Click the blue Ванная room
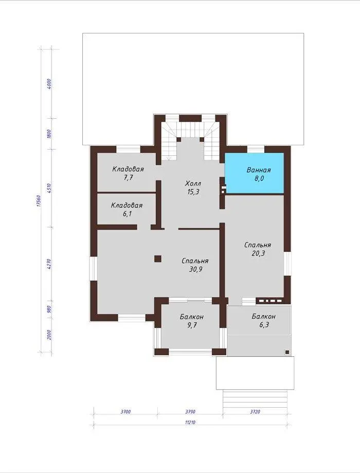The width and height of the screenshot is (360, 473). pos(255,173)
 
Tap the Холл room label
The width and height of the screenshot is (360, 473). pos(193,184)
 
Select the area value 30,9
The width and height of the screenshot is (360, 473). pos(195,269)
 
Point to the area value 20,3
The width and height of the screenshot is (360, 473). pos(258,253)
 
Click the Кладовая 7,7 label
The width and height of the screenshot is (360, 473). pos(128,173)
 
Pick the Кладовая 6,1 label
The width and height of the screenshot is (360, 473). pos(127,210)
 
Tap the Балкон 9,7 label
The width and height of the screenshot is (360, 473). pos(192,321)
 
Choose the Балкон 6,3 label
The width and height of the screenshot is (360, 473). pos(263,321)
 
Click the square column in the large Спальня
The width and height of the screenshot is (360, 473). pos(158,259)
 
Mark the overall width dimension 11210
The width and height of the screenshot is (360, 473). pos(190,422)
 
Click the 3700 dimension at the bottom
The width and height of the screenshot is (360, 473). pos(125,411)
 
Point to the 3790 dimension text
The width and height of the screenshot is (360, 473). pos(190,411)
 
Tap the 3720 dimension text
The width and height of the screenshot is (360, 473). pos(255,411)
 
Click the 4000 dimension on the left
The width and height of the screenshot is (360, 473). pos(49,84)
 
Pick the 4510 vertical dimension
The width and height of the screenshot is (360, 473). pos(49,188)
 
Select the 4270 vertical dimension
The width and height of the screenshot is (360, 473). pos(49,264)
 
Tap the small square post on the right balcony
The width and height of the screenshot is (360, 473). pos(287,352)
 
